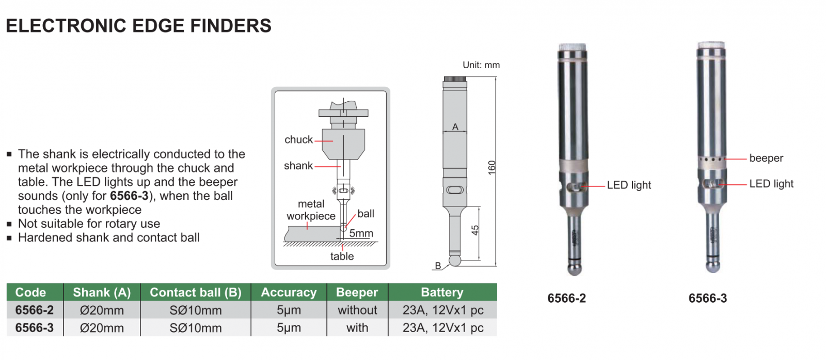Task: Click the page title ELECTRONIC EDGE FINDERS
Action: [138, 26]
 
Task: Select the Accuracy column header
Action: [289, 292]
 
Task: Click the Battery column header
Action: [442, 292]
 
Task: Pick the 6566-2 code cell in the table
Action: [35, 310]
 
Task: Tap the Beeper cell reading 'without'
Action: [357, 310]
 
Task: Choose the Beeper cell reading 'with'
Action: [357, 328]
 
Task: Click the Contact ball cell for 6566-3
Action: [196, 328]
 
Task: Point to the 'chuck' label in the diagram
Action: [298, 139]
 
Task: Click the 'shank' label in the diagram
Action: [298, 166]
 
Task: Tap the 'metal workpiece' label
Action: [311, 210]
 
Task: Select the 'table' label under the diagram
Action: [342, 256]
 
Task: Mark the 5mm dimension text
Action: [361, 233]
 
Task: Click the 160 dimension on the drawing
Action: [491, 167]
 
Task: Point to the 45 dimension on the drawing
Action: [475, 230]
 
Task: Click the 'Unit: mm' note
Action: [481, 65]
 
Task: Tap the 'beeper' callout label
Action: [766, 158]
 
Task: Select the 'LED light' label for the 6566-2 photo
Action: [629, 185]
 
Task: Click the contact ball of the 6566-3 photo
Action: [713, 267]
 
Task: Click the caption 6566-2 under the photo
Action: [566, 299]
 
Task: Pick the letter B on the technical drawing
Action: [438, 265]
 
